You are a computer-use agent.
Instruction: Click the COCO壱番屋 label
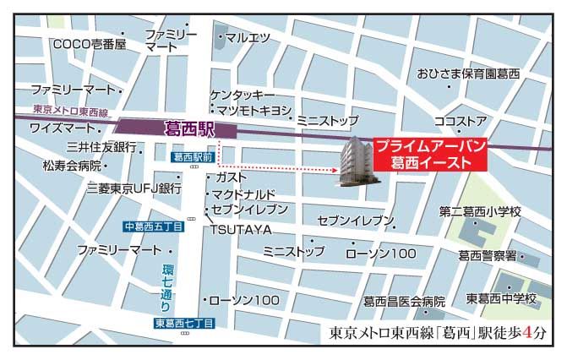[x=89, y=44]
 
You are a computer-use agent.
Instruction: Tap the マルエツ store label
[x=246, y=37]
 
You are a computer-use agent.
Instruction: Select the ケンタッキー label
[x=243, y=95]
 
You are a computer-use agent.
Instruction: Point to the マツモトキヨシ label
[x=254, y=111]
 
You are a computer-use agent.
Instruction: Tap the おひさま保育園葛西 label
[x=467, y=74]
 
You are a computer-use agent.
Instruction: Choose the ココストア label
[x=460, y=121]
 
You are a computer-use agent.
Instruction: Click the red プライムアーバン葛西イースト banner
[x=429, y=154]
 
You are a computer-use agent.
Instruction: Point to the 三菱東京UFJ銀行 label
[x=134, y=188]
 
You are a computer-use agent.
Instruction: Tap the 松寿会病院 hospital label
[x=72, y=165]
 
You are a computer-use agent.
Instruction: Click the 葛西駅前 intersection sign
[x=189, y=158]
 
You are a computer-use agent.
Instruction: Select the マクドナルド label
[x=250, y=194]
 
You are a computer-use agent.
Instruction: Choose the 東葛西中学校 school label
[x=501, y=299]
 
